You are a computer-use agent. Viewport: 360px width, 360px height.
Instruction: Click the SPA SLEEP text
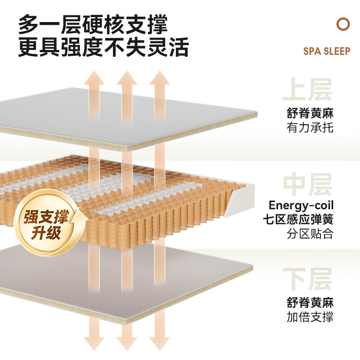pyautogui.click(x=326, y=51)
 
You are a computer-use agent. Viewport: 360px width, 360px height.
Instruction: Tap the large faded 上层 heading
pyautogui.click(x=307, y=90)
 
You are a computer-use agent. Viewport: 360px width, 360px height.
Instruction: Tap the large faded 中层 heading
pyautogui.click(x=307, y=184)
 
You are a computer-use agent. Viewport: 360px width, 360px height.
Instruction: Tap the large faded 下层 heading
pyautogui.click(x=307, y=279)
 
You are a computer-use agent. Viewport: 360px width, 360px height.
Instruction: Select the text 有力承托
pyautogui.click(x=310, y=128)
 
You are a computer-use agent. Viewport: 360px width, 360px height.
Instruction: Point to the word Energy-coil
pyautogui.click(x=301, y=206)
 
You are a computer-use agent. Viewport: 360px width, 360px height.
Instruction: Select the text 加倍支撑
pyautogui.click(x=310, y=316)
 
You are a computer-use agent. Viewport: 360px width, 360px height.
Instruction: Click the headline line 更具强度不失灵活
pyautogui.click(x=103, y=48)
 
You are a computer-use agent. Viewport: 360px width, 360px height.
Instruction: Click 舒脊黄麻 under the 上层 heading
pyautogui.click(x=310, y=112)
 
